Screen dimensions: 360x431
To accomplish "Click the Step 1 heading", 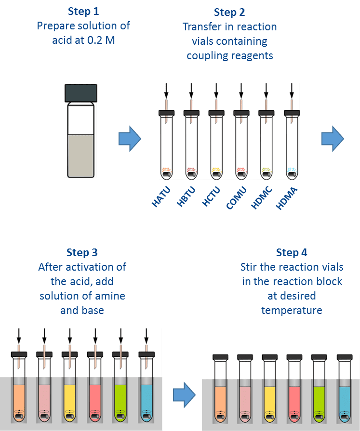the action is tap(83, 11).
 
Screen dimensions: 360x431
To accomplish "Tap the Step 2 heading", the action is tap(229, 13).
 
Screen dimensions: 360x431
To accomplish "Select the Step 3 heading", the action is tap(82, 253).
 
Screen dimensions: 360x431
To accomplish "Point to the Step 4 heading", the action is tap(292, 253).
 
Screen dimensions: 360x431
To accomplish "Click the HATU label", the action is tap(161, 196).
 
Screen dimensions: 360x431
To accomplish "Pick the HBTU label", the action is tap(186, 196).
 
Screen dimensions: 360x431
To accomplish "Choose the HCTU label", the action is tap(211, 196).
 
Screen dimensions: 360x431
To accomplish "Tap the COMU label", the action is tap(236, 197).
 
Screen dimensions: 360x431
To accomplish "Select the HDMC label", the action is tap(262, 197).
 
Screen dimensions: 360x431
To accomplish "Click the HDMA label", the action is tap(287, 198).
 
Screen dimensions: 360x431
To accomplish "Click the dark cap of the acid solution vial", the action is tap(81, 93).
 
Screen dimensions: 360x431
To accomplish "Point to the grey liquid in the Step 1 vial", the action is tap(81, 156).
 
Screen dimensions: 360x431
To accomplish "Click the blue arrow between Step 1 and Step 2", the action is tap(130, 139).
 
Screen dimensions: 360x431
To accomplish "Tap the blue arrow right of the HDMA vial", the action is tap(333, 139).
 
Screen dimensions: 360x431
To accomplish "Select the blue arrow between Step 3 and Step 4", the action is tap(184, 395).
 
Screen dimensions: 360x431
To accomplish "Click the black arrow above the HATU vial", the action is tap(166, 91).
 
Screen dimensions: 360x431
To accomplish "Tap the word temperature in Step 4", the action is tap(292, 310).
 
